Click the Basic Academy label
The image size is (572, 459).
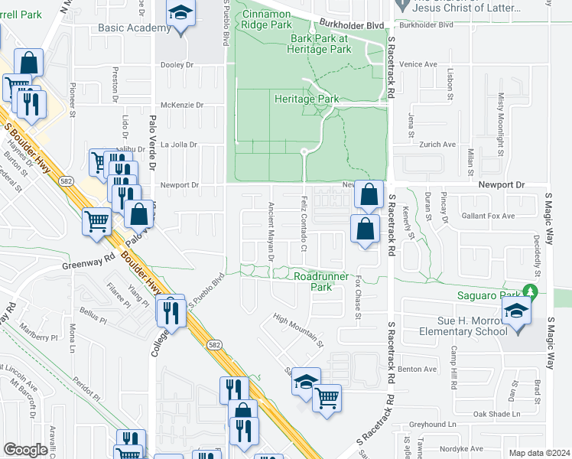[134, 28]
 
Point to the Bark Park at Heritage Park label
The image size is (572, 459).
[320, 44]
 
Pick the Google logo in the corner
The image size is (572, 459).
[26, 450]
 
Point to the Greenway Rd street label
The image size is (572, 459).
[87, 267]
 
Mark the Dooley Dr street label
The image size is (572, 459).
[178, 65]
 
